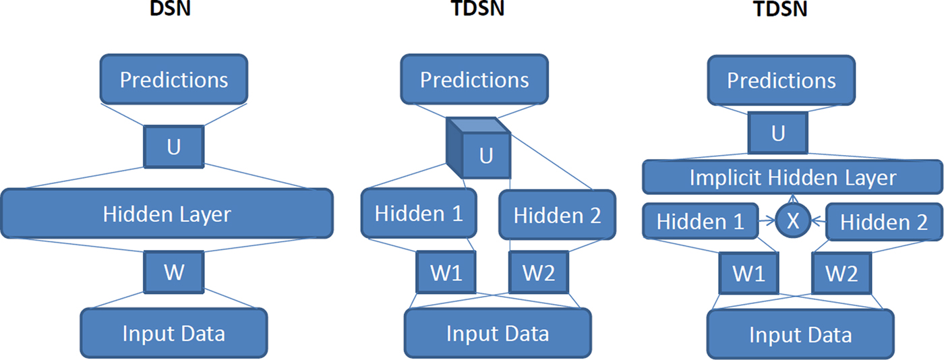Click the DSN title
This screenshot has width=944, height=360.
tap(170, 9)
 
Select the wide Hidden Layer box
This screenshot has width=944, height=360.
tap(167, 213)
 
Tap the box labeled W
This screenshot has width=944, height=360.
tap(174, 272)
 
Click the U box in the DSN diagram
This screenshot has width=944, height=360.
tap(174, 147)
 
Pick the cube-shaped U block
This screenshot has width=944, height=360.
tap(479, 148)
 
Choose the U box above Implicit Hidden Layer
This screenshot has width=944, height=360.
tap(778, 133)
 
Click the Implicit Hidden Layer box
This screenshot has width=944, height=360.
tap(792, 177)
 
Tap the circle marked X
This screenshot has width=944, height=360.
tap(793, 220)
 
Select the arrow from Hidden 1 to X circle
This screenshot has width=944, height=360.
tap(767, 220)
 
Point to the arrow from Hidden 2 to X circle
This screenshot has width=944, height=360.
tap(819, 220)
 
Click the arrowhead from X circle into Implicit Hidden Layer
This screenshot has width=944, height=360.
tap(794, 199)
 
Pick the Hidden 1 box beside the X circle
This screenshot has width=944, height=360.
tap(701, 221)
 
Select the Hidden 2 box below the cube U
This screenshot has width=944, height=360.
tap(557, 215)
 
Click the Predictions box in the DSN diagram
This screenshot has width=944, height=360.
tap(174, 80)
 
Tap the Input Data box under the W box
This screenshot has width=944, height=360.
tap(174, 333)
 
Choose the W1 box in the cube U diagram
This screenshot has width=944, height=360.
tap(446, 272)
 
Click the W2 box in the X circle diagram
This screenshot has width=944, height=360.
tap(842, 273)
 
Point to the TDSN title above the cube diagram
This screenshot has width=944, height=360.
tap(477, 9)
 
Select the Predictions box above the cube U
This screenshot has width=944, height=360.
tap(474, 80)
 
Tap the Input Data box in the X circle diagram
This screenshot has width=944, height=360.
tap(800, 334)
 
